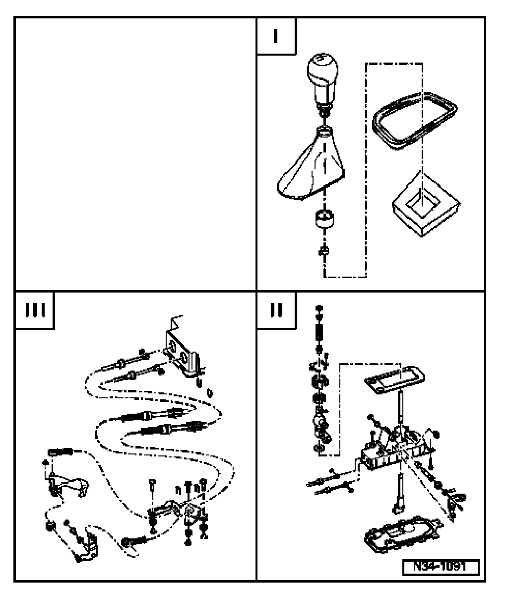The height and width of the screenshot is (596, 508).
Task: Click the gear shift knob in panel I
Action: pos(323,81)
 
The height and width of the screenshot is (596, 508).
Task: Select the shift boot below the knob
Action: pos(311,163)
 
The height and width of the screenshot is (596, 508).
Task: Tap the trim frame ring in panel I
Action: pos(415,121)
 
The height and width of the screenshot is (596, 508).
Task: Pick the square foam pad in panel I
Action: pos(426,204)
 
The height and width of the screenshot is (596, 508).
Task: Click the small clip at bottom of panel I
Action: pos(324,251)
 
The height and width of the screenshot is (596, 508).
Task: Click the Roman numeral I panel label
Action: pos(276,36)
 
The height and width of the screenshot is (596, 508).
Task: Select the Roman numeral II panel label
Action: pos(276,310)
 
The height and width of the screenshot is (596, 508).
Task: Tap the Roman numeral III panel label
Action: pos(35,310)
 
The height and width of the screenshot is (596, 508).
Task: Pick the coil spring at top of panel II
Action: pos(319,332)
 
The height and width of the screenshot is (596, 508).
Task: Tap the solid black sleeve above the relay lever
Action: pos(60,451)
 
